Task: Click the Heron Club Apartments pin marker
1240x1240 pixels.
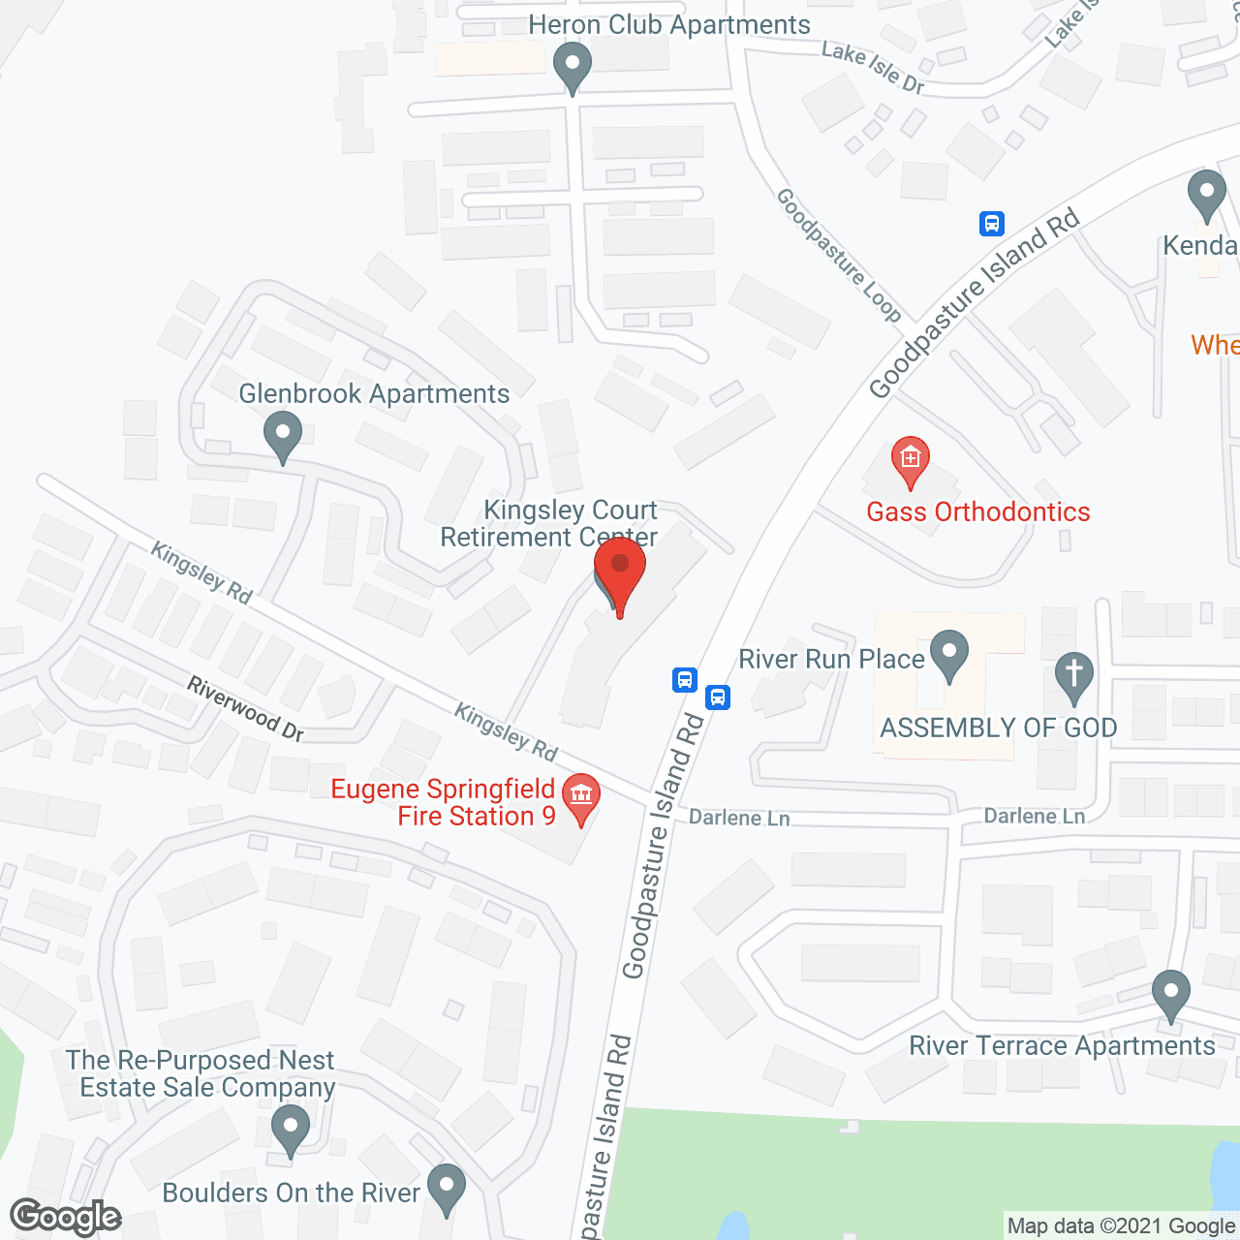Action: click(573, 68)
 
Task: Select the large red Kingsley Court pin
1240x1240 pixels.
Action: click(620, 573)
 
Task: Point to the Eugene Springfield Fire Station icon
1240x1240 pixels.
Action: click(580, 797)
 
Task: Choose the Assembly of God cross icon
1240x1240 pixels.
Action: click(1073, 676)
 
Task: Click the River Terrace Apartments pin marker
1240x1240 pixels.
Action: click(1170, 993)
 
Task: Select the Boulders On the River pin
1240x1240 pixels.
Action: click(447, 1188)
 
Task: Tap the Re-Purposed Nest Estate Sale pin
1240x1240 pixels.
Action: click(290, 1130)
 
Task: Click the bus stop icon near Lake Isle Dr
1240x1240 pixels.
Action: click(991, 224)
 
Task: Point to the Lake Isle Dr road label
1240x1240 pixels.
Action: click(873, 67)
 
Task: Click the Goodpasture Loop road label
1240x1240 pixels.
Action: click(839, 255)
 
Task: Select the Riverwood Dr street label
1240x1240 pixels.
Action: click(246, 709)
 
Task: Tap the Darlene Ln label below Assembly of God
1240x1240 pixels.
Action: click(1034, 816)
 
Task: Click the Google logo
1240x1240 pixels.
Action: click(65, 1217)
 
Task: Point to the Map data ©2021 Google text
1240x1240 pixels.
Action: click(1121, 1226)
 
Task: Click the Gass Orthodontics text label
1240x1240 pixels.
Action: click(977, 511)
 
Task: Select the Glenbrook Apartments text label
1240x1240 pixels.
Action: click(374, 393)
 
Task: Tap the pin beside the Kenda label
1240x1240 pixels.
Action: click(1206, 194)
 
